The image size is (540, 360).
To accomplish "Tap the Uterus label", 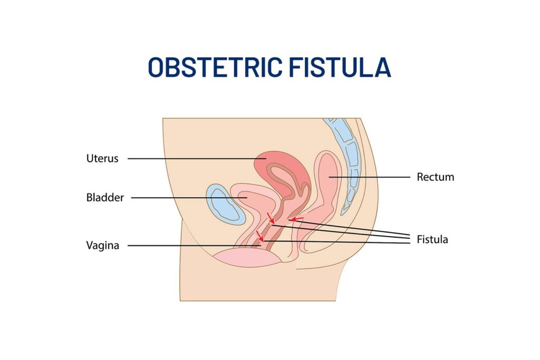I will coord(102,158).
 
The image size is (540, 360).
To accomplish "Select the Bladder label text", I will coord(105,198).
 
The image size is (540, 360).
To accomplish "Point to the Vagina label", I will coord(103,245).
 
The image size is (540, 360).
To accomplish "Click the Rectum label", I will coord(435,177).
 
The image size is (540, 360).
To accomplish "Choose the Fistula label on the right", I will coord(432,239).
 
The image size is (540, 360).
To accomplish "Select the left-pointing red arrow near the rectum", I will coord(297,219).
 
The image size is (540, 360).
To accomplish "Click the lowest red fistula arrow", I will coord(259,236).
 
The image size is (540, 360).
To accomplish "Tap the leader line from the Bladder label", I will coord(185,198).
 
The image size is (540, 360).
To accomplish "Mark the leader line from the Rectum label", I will coord(369,177).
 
